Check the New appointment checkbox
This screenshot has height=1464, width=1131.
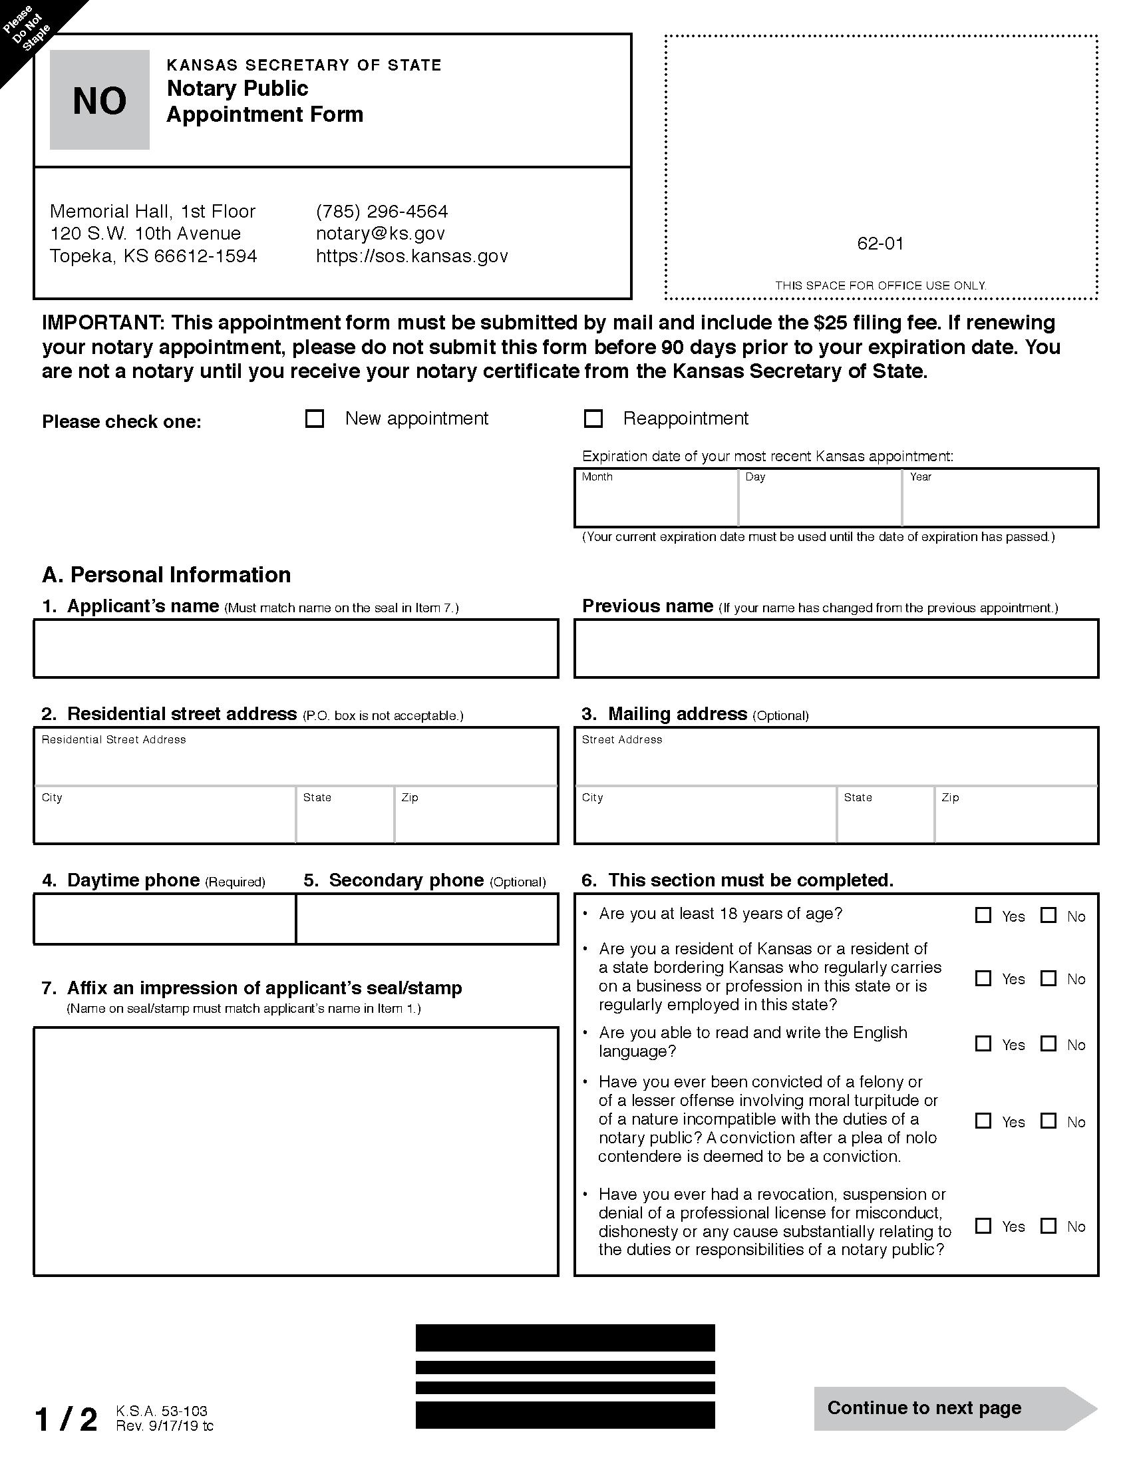point(314,419)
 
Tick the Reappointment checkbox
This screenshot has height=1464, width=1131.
point(593,419)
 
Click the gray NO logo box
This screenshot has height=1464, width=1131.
point(99,100)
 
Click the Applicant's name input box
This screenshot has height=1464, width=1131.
point(295,648)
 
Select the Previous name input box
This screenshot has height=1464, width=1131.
point(836,648)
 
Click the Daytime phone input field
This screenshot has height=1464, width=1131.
point(165,919)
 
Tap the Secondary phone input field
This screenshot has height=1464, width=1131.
point(427,919)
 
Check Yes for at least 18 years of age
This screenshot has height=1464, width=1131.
point(983,916)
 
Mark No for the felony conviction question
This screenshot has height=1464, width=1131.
point(1049,1121)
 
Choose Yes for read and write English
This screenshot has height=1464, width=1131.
point(983,1043)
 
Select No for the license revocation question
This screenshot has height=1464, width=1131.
point(1049,1226)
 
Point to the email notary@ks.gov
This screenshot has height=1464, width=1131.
point(381,234)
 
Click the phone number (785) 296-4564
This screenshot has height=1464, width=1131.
point(382,211)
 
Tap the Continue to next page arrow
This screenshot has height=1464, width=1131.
point(955,1408)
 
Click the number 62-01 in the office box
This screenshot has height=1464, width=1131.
point(880,244)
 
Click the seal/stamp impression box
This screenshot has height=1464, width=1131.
point(295,1151)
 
